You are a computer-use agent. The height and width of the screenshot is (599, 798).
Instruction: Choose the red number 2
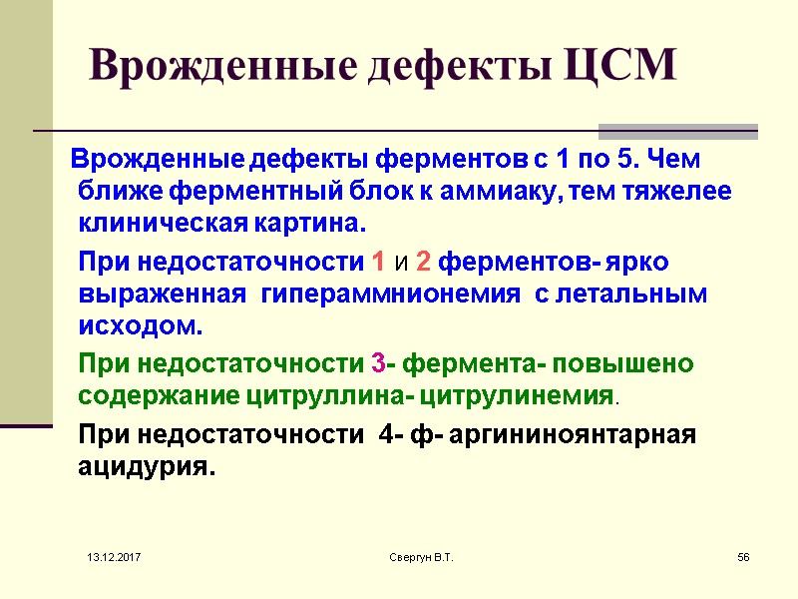click(423, 264)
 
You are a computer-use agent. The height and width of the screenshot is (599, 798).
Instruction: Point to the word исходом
click(141, 325)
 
